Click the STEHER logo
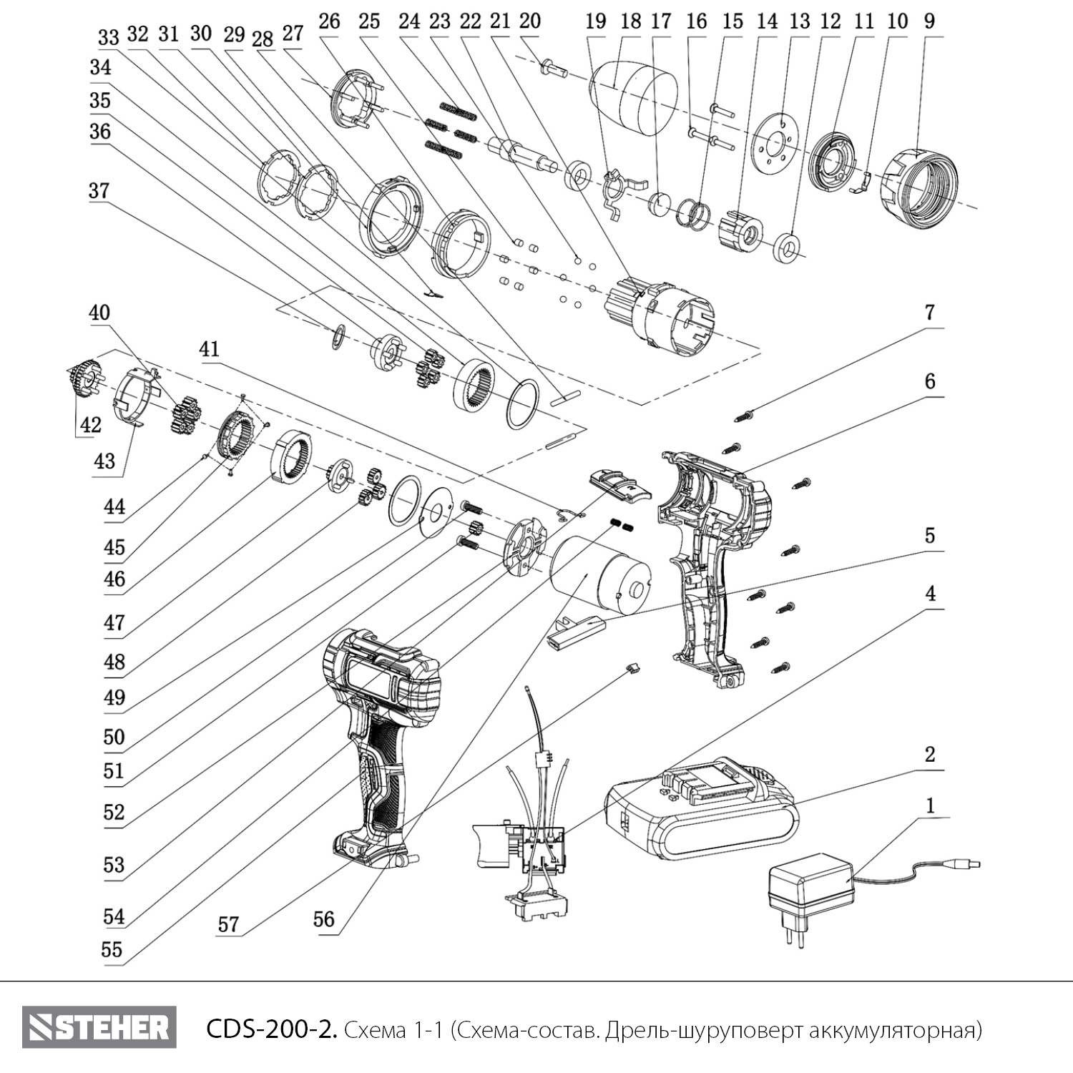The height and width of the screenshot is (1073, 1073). [99, 1028]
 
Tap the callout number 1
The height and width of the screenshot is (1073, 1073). [930, 806]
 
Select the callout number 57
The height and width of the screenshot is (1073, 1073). [228, 923]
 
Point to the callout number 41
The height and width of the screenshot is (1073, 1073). [210, 349]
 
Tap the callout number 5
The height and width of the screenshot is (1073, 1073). [929, 535]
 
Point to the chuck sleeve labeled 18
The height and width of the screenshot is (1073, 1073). [634, 98]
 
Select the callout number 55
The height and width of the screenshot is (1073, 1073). [112, 949]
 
